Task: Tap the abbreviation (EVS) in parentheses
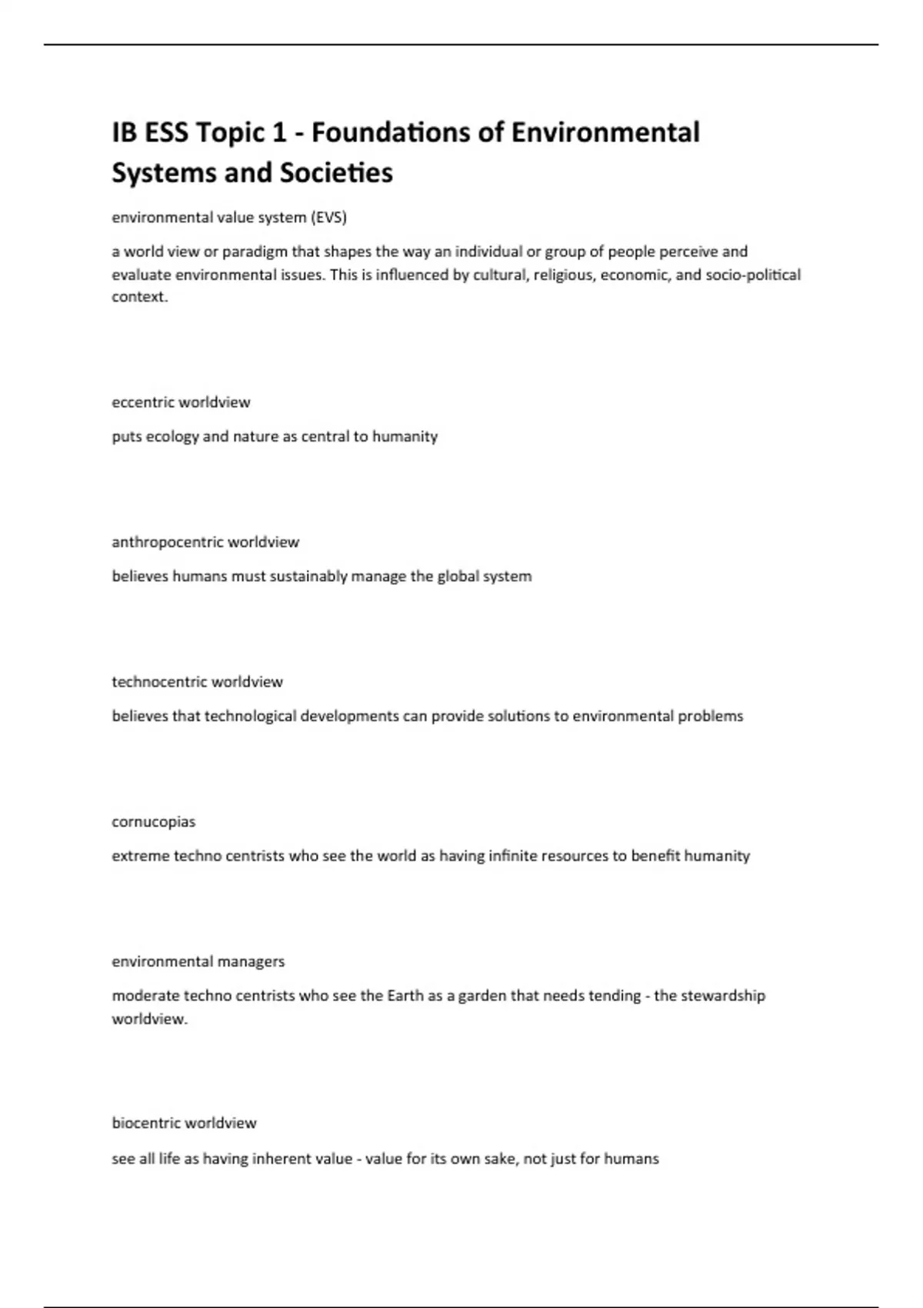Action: (328, 218)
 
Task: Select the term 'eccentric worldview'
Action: (181, 402)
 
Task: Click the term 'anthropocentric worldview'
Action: (205, 542)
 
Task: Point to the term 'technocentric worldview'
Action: (197, 682)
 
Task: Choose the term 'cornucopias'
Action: (154, 822)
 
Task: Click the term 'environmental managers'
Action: (198, 962)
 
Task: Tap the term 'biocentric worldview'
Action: (184, 1123)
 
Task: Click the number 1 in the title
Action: (279, 133)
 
